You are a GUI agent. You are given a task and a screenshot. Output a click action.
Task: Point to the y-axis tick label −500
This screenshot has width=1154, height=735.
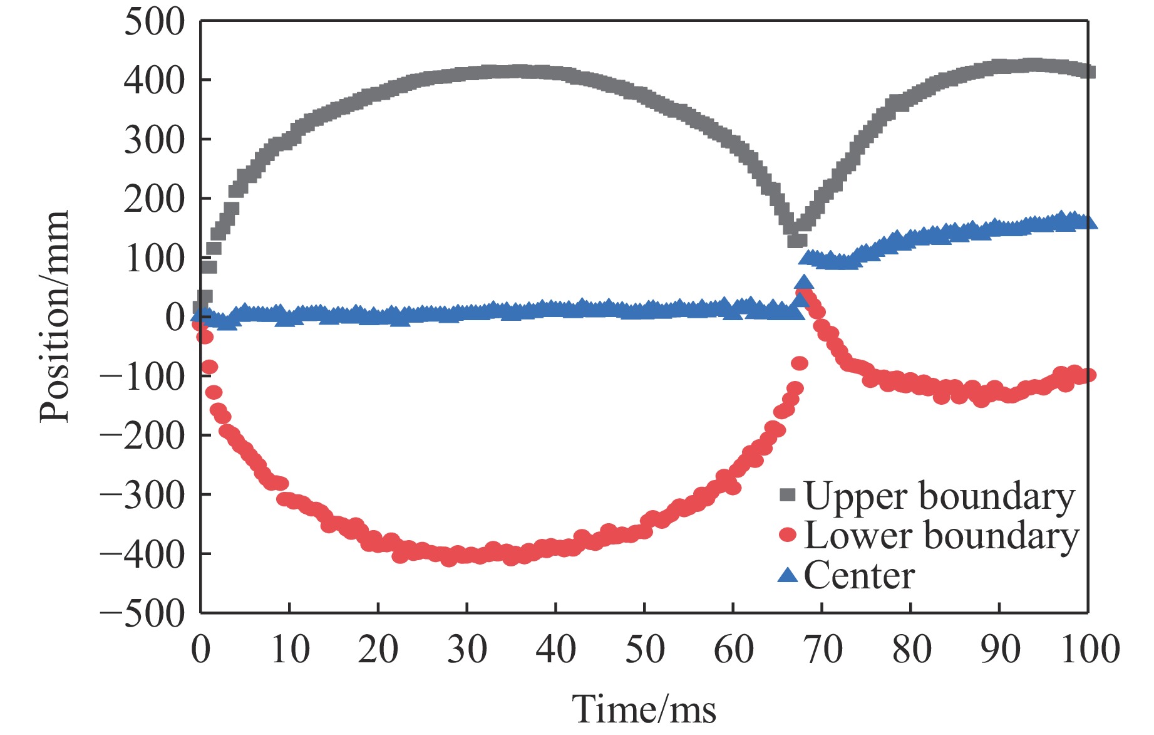(143, 613)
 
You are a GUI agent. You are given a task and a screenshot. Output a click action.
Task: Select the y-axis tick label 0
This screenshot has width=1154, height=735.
(175, 317)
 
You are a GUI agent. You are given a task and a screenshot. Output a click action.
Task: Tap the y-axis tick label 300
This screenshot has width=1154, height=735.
(154, 140)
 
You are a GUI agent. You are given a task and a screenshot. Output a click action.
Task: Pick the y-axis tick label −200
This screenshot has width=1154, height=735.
(143, 435)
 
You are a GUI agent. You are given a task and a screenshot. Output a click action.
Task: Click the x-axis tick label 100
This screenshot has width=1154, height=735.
(1090, 650)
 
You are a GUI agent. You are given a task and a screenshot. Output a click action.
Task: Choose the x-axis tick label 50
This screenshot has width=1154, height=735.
(644, 650)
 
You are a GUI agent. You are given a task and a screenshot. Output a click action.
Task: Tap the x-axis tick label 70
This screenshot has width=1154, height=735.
(822, 650)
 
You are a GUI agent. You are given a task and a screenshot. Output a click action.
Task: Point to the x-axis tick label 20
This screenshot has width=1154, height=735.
(378, 650)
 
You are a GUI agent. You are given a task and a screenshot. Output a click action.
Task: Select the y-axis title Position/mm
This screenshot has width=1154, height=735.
(54, 317)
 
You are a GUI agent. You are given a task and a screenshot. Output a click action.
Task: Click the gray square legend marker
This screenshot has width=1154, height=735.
(787, 495)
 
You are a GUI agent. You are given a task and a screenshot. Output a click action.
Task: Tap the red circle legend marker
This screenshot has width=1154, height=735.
(787, 534)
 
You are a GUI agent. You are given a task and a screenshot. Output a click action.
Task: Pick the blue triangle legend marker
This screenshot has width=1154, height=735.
(787, 575)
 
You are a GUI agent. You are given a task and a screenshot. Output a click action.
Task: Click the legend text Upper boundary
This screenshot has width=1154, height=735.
(939, 496)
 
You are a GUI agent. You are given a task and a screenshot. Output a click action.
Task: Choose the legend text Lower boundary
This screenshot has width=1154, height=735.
(941, 536)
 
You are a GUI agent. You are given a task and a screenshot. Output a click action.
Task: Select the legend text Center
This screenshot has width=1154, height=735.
(859, 576)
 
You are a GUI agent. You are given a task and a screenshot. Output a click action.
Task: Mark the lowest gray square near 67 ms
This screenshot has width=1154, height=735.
(796, 240)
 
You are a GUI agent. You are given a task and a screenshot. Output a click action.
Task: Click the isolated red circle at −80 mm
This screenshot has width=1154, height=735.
(800, 363)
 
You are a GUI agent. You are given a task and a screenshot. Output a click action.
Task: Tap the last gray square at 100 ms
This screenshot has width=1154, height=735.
(1088, 71)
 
